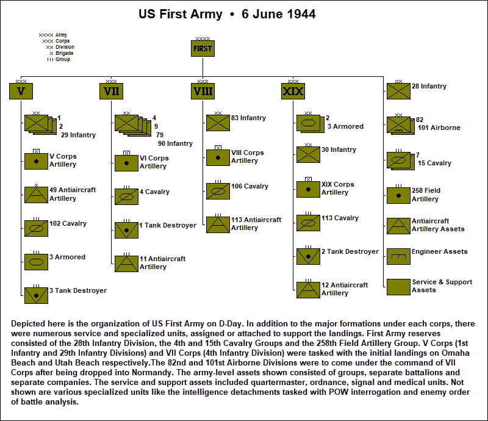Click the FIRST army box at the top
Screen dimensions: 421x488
tap(203, 49)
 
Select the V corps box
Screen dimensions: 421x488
tap(21, 92)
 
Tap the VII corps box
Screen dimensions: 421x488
tap(111, 92)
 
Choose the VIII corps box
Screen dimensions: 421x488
tap(202, 92)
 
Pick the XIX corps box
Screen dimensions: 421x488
tap(293, 92)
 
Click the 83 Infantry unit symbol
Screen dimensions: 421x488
tap(218, 123)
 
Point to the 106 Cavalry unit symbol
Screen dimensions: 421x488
tap(218, 191)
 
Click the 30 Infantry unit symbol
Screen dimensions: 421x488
tap(308, 154)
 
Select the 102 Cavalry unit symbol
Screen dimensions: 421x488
tap(36, 228)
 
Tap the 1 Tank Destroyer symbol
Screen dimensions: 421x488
tap(126, 230)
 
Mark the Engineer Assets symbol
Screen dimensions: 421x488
tap(398, 256)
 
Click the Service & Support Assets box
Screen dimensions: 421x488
tap(398, 287)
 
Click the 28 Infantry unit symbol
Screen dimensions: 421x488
tap(398, 91)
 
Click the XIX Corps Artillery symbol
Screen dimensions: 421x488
tap(308, 189)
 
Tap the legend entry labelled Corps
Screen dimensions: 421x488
tap(62, 41)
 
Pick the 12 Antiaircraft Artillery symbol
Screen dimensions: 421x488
tap(308, 289)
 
